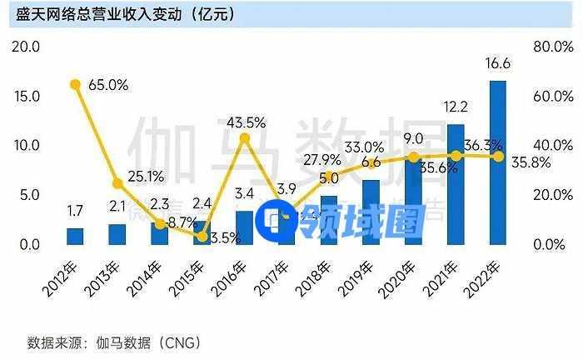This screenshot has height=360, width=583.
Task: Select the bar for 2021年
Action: click(x=456, y=184)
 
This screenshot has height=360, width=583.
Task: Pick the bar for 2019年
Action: click(x=371, y=212)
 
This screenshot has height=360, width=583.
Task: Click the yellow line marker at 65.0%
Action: click(x=75, y=84)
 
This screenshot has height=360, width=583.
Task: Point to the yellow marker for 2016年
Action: click(x=244, y=137)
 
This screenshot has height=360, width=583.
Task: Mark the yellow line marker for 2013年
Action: click(x=117, y=183)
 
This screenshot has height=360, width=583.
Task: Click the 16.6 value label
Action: click(x=498, y=63)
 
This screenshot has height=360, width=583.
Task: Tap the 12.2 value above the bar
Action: click(x=456, y=107)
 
